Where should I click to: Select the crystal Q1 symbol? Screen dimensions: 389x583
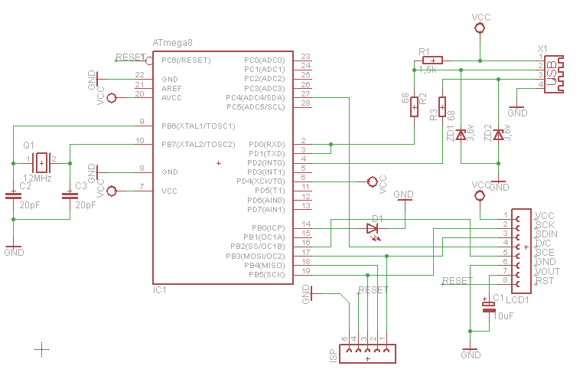click(x=41, y=162)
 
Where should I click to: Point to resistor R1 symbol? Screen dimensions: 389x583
click(x=432, y=60)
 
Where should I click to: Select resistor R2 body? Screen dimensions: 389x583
click(x=414, y=106)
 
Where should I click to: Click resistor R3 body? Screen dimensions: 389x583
click(x=442, y=106)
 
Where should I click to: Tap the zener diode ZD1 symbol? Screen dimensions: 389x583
click(x=461, y=135)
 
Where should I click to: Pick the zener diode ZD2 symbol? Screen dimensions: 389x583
click(x=498, y=135)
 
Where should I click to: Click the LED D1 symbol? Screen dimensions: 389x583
click(x=373, y=228)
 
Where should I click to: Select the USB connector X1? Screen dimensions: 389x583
click(x=552, y=73)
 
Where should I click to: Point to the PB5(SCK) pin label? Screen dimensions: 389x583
click(x=267, y=274)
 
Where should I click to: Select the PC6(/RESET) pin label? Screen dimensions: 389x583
click(x=186, y=60)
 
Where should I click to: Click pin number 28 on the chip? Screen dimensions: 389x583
click(x=305, y=103)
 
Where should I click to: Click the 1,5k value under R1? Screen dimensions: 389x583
click(x=428, y=70)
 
